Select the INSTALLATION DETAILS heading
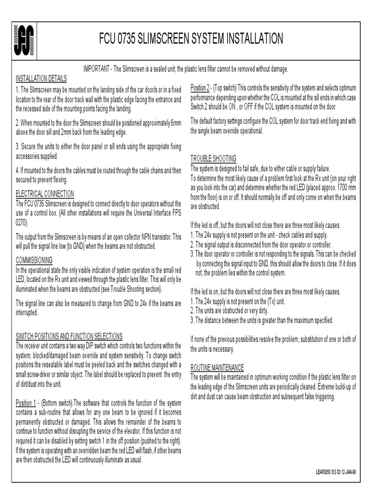pyautogui.click(x=41, y=78)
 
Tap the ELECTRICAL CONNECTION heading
pyautogui.click(x=45, y=194)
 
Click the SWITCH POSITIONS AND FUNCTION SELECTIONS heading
pyautogui.click(x=69, y=336)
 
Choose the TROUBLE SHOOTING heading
pyautogui.click(x=213, y=159)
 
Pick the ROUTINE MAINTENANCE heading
pyautogui.click(x=217, y=367)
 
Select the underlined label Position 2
pyautogui.click(x=200, y=87)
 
